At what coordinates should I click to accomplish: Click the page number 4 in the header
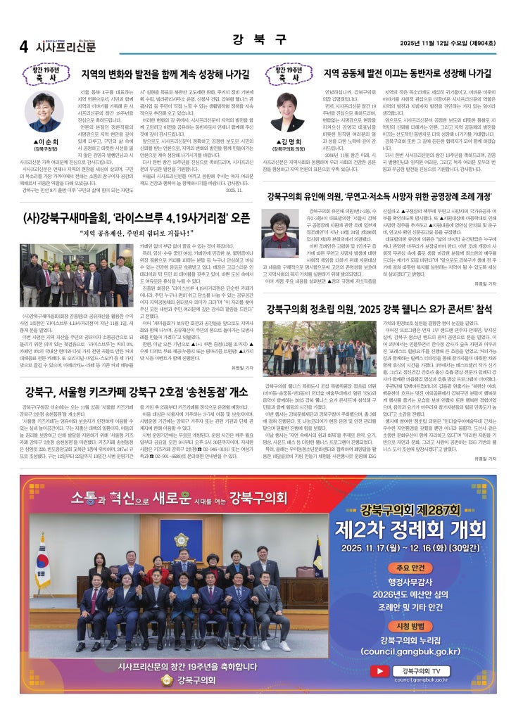pyautogui.click(x=23, y=46)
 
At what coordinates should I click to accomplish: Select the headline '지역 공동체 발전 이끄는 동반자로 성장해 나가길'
pyautogui.click(x=407, y=73)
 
